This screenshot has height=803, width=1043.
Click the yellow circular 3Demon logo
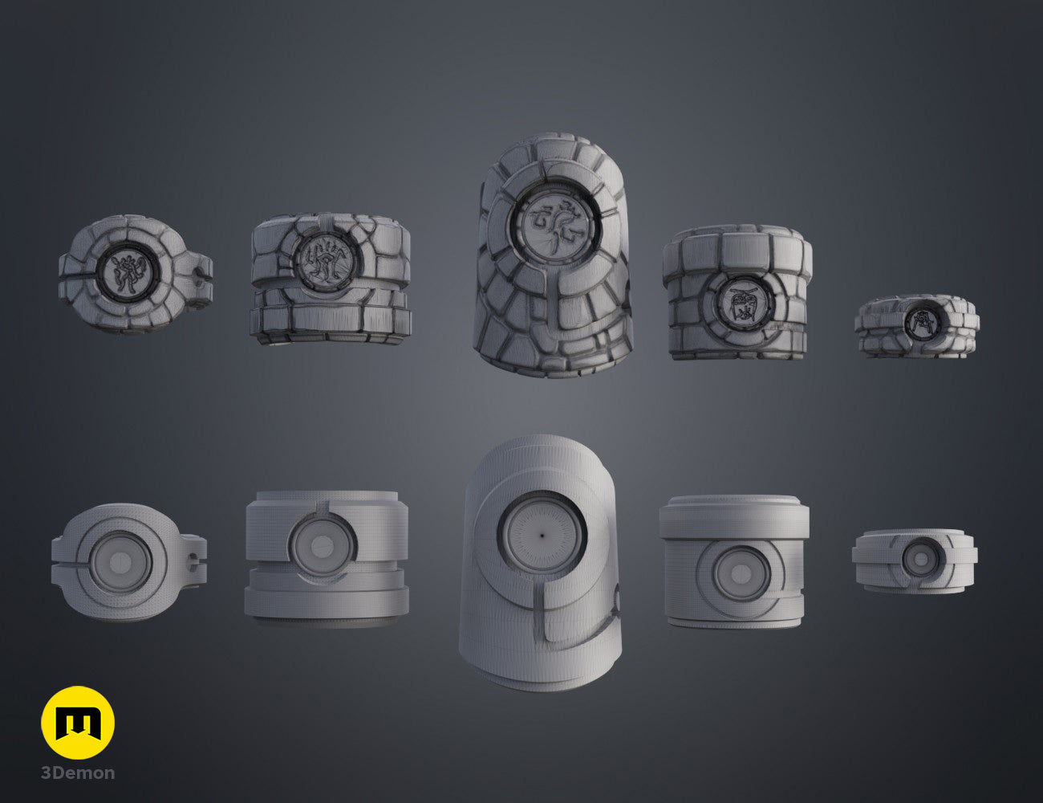(78, 723)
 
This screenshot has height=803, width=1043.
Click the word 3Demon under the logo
(78, 773)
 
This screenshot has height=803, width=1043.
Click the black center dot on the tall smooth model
(542, 536)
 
